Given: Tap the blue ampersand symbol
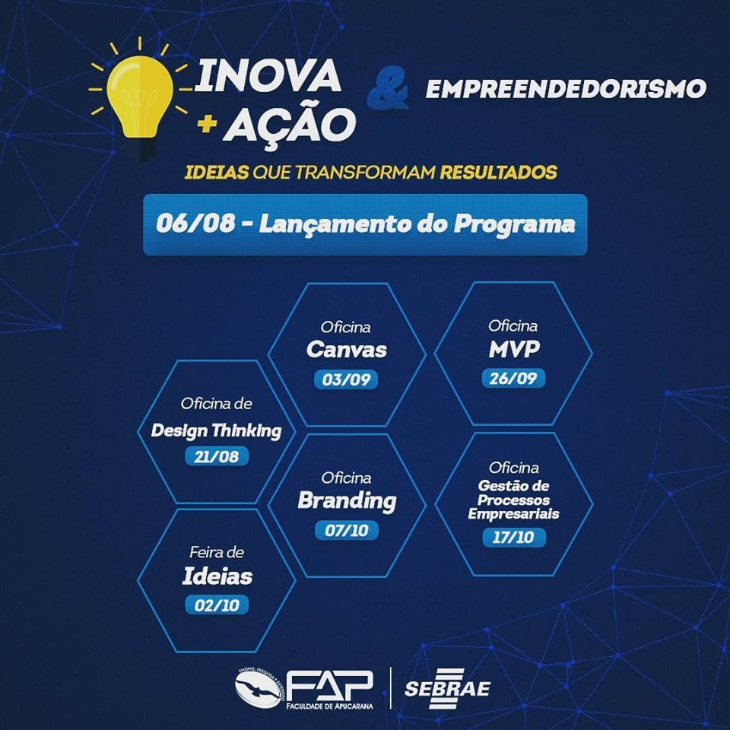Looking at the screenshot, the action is coord(387,87).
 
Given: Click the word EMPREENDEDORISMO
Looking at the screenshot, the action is coord(566,89).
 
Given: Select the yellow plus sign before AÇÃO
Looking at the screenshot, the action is coord(207,123).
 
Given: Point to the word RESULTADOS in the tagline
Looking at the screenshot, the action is coord(498,173).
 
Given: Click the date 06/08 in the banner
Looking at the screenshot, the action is coord(195,223).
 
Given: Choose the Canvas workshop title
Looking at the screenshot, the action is coord(347,350).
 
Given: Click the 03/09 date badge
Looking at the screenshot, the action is coord(346,379).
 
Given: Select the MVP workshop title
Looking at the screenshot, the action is coord(513,349).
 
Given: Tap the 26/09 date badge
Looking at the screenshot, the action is coord(513,378).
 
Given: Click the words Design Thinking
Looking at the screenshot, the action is coord(217,430).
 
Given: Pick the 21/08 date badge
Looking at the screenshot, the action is coord(217,456).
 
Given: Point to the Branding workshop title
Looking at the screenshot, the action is coord(347,501).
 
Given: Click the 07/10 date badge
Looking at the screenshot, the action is coord(347,530).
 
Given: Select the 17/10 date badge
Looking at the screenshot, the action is coord(513,538).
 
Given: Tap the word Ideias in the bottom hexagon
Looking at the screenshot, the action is coord(217,576).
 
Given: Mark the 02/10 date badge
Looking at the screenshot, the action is coord(217,605).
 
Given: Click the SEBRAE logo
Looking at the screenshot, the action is coord(447,688).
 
